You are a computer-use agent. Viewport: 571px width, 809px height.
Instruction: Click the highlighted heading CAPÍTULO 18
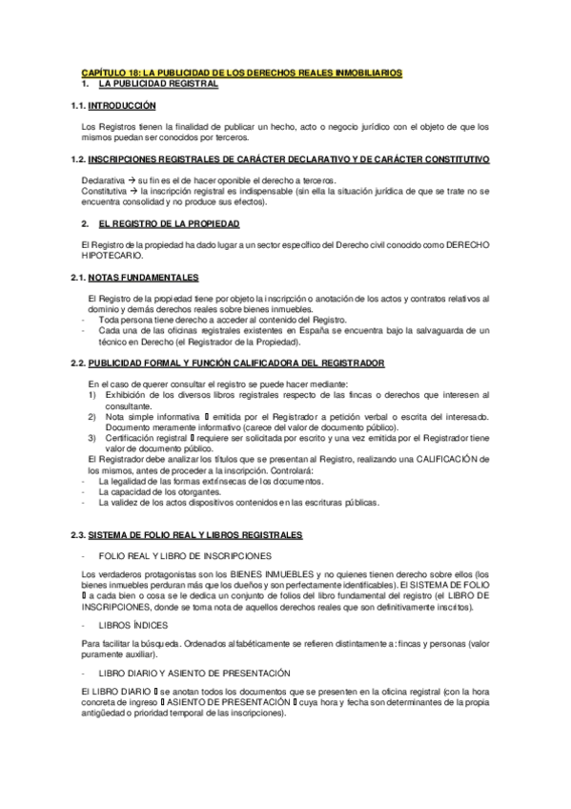241,73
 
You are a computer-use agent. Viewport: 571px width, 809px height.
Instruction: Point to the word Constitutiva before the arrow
105,190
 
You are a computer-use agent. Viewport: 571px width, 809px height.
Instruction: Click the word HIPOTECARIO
113,255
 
